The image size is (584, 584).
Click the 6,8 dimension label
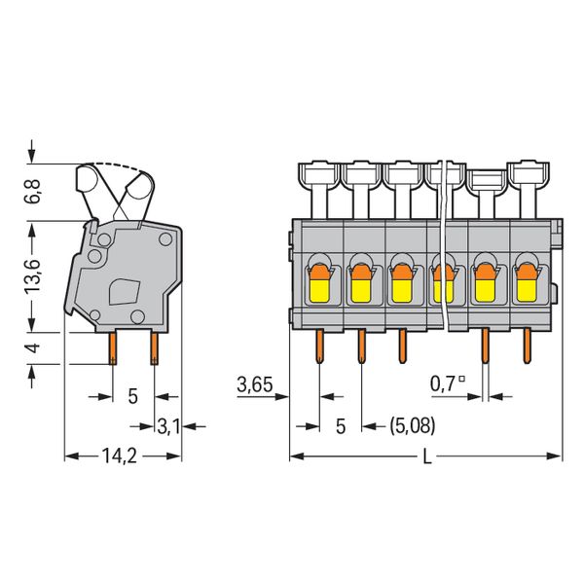coord(33,191)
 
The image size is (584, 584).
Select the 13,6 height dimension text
coord(33,276)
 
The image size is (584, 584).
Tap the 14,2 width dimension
coord(120,456)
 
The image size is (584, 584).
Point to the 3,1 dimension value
coord(168,426)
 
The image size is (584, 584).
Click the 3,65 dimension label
coord(255,384)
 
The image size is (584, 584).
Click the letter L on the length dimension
coord(427,456)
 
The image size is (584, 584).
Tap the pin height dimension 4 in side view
coord(33,347)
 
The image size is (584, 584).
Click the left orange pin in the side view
coord(113,348)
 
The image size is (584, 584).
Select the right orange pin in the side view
coord(154,348)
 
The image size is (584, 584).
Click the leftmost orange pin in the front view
coord(319,346)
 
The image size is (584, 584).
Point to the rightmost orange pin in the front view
coord(527,346)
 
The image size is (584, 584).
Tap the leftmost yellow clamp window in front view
coord(319,290)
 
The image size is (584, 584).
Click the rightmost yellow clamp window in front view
coord(527,290)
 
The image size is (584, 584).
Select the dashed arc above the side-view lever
coord(118,167)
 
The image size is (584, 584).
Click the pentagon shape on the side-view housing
coord(125,292)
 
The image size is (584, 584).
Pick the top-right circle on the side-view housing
coord(165,239)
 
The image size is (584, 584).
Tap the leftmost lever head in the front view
coord(319,173)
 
